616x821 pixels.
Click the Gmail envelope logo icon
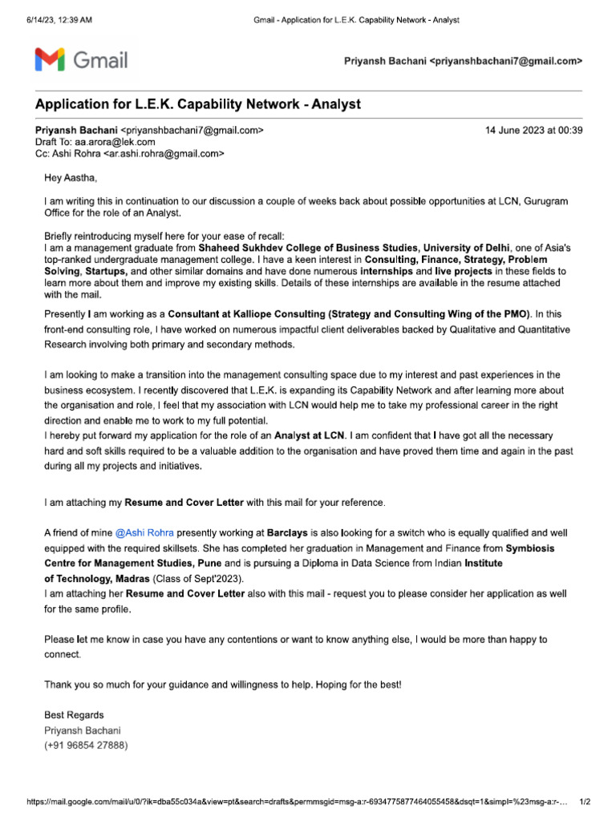click(x=50, y=60)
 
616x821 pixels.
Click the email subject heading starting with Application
click(x=197, y=105)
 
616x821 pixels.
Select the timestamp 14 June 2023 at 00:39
click(x=534, y=130)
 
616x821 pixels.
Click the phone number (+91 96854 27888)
click(x=86, y=745)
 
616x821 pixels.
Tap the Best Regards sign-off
click(x=74, y=715)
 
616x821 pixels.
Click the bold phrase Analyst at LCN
click(x=310, y=435)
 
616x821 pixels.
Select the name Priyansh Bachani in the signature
click(x=83, y=730)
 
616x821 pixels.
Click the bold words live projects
click(x=464, y=273)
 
